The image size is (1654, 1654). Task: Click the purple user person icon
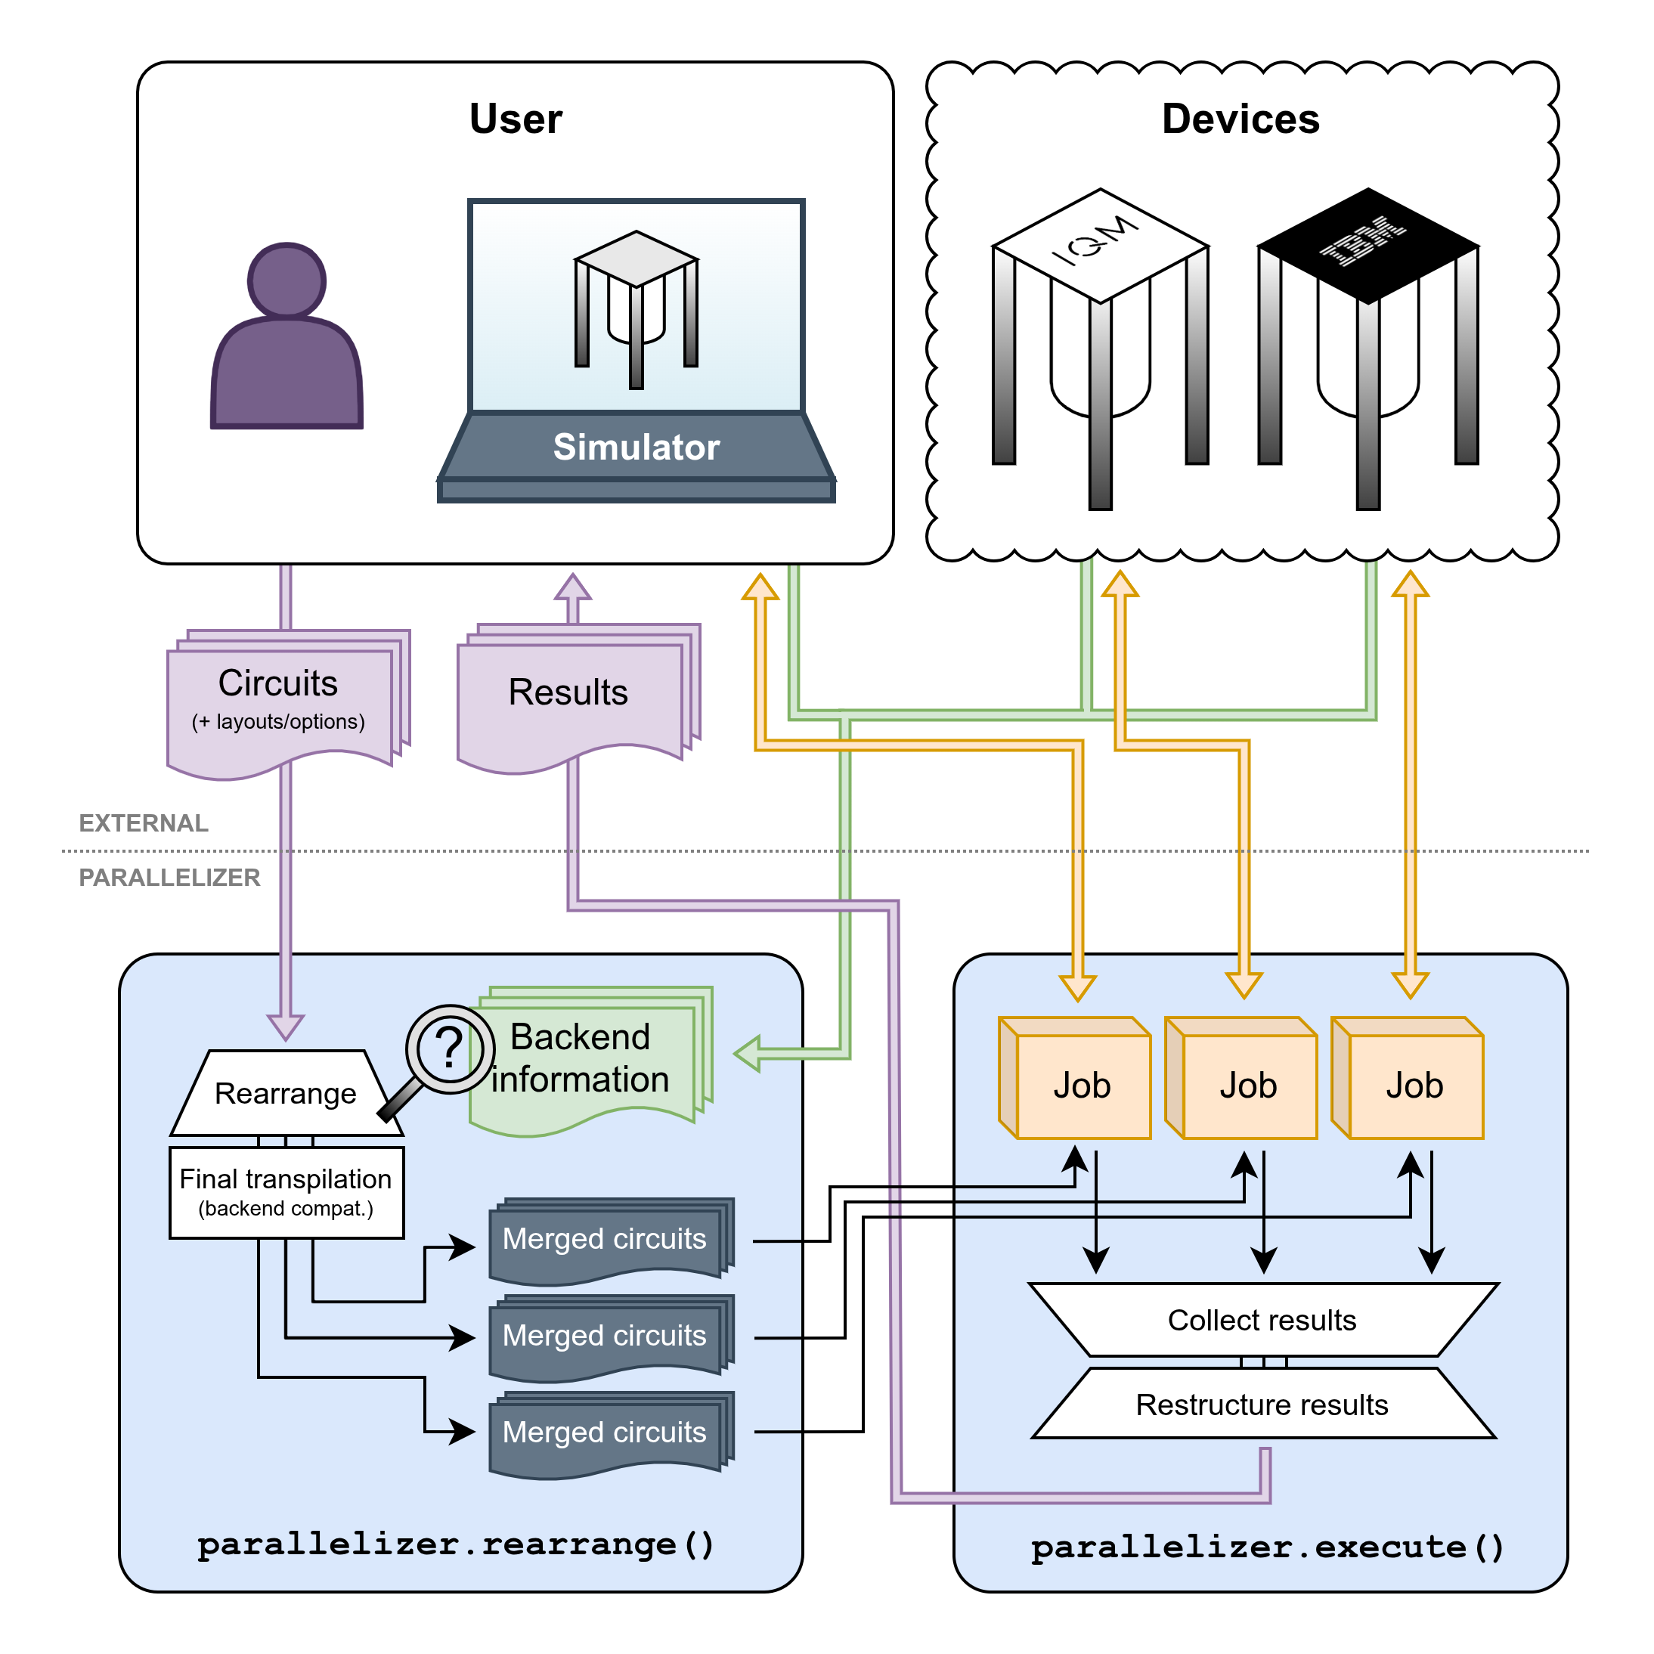(287, 342)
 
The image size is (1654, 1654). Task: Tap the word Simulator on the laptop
(636, 447)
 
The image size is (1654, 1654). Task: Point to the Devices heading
(1240, 119)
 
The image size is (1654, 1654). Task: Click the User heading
(516, 119)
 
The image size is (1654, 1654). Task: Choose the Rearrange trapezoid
(285, 1094)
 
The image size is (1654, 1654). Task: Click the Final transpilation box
(286, 1191)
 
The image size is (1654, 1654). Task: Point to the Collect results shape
(1262, 1320)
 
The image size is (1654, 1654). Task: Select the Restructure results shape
(1262, 1405)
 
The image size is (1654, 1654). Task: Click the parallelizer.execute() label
(1266, 1547)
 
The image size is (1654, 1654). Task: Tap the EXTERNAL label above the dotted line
(144, 823)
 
